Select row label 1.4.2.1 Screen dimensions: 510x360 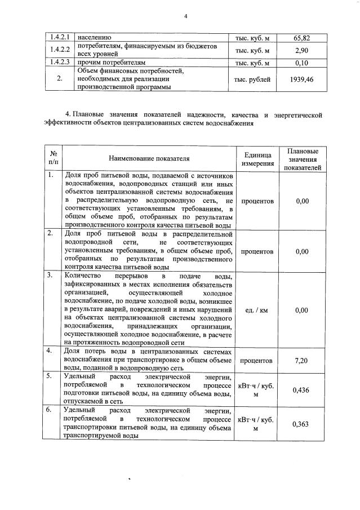click(59, 38)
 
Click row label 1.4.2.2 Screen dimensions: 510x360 click(59, 51)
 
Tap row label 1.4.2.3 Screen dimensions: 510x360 click(59, 63)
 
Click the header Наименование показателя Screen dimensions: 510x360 click(150, 159)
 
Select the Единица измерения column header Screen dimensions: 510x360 click(258, 159)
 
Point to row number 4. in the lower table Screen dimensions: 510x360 click(50, 351)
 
